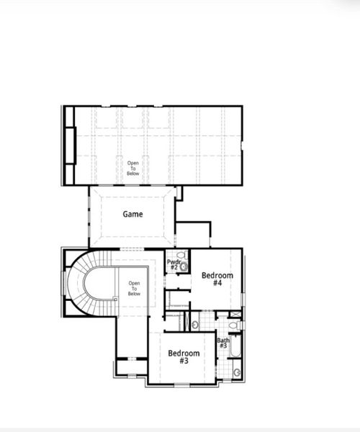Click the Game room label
click(132, 214)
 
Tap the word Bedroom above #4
click(217, 275)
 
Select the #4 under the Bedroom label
click(217, 283)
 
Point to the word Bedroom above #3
click(184, 353)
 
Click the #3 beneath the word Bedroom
click(184, 361)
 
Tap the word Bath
click(223, 341)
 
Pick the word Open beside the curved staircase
click(134, 282)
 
